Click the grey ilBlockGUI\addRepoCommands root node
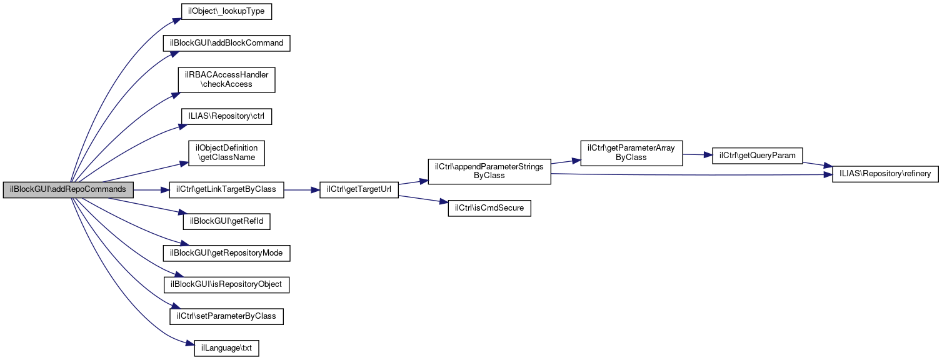(x=68, y=189)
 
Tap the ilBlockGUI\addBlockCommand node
(x=226, y=43)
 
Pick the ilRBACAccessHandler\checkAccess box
(x=226, y=79)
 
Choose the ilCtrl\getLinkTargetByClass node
(x=226, y=189)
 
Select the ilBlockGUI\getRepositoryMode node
(x=226, y=253)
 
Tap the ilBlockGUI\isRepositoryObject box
(x=226, y=284)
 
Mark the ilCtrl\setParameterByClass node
(x=226, y=316)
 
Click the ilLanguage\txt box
(x=226, y=348)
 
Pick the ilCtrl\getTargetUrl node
(x=359, y=189)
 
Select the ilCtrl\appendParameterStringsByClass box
(x=489, y=171)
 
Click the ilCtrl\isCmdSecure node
(x=489, y=208)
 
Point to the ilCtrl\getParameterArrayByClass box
(x=631, y=152)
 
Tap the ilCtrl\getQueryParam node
(x=758, y=156)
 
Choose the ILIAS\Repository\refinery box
(x=885, y=175)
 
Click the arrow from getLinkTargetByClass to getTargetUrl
(x=301, y=189)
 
